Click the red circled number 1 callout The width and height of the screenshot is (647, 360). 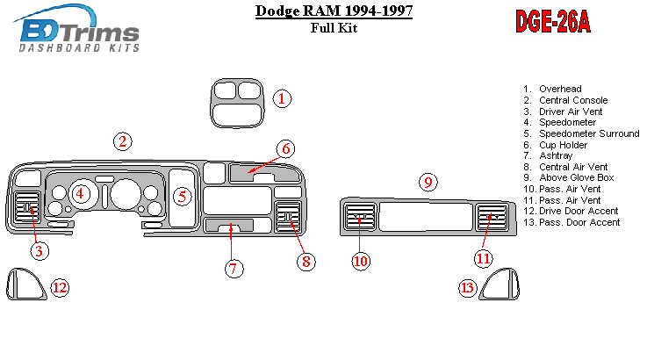(281, 98)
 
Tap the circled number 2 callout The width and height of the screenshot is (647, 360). (123, 141)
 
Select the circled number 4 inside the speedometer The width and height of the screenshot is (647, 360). (80, 193)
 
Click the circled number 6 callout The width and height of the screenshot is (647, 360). (286, 148)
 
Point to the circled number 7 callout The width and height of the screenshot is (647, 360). (233, 269)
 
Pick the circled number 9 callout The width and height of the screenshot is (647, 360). (428, 183)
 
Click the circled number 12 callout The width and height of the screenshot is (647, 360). (59, 287)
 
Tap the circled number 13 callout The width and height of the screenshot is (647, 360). (468, 287)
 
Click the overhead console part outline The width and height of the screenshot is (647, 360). (237, 102)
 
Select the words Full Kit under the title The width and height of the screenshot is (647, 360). (334, 28)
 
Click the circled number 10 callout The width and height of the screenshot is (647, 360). (361, 261)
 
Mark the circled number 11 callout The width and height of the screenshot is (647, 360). (484, 257)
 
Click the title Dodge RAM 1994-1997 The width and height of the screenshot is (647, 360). (334, 11)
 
